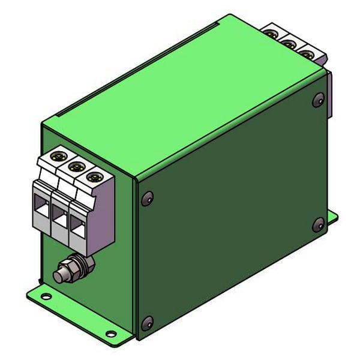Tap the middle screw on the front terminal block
click(x=76, y=167)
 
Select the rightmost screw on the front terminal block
click(x=92, y=176)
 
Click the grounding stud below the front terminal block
click(x=61, y=277)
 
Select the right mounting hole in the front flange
click(x=110, y=333)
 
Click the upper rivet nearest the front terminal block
click(x=146, y=199)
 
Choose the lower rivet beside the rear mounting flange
click(x=318, y=225)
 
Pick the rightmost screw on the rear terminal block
click(x=307, y=54)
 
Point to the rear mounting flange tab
click(x=332, y=217)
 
